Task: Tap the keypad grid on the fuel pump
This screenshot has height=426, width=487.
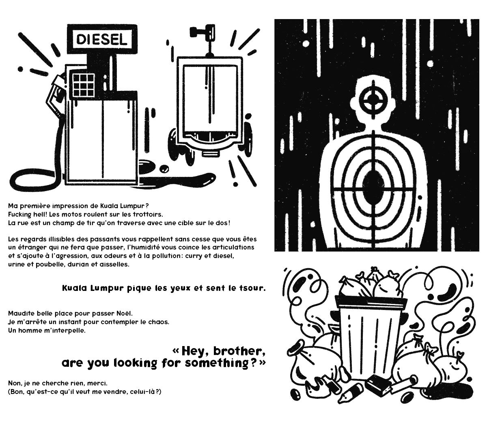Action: [x=83, y=84]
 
